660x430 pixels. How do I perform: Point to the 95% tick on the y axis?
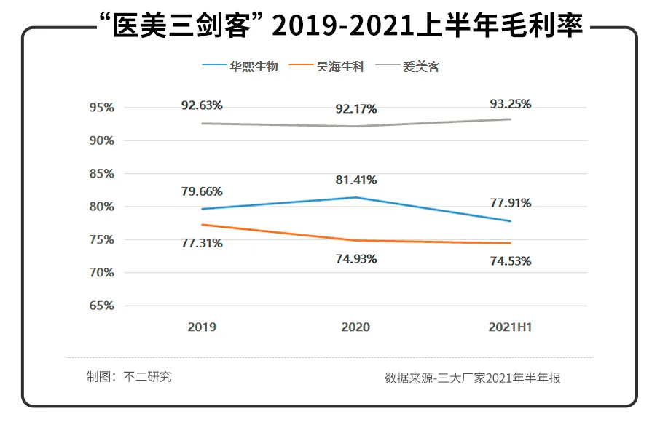coord(101,108)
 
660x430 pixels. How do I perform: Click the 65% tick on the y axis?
coord(101,306)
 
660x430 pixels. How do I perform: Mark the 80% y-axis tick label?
coord(101,207)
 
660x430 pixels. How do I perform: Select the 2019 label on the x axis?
coord(202,327)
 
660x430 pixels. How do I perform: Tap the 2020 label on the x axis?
coord(355,327)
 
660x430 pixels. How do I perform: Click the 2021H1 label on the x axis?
coord(510,327)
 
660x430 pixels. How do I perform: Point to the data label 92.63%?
coord(202,105)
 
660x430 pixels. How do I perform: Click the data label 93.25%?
coord(510,104)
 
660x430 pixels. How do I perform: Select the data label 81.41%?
coord(356,180)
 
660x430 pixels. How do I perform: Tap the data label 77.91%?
coord(510,203)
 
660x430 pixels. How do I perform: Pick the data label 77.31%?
coord(202,243)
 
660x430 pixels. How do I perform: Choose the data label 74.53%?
coord(510,260)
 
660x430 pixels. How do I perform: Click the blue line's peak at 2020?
coord(355,197)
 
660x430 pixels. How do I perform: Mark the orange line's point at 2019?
coord(202,225)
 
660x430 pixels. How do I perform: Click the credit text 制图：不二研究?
coord(129,377)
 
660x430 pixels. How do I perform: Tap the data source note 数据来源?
coord(473,378)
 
